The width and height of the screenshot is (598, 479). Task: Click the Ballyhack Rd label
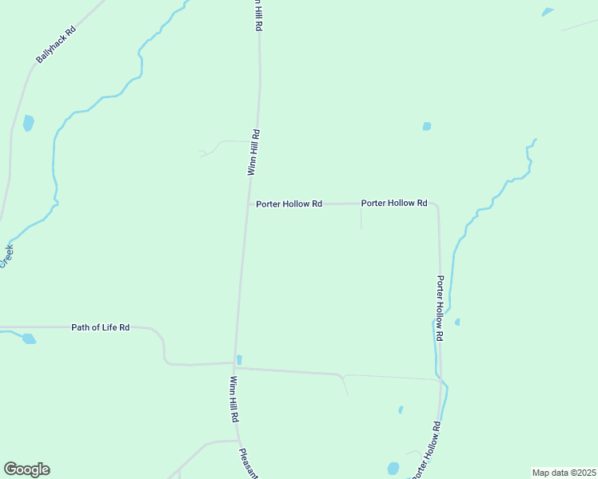click(55, 46)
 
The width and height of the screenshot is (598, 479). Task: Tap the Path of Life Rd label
click(100, 327)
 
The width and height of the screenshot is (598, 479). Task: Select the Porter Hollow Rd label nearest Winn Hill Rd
click(289, 204)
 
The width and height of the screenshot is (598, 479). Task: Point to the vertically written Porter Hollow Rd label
click(440, 309)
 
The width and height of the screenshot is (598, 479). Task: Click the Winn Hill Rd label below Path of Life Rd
click(234, 399)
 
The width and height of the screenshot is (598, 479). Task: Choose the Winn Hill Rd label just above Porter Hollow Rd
click(253, 152)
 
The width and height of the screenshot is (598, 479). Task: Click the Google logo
click(26, 469)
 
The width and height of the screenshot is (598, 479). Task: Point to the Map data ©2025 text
click(564, 473)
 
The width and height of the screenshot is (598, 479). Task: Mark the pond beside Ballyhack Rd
click(29, 123)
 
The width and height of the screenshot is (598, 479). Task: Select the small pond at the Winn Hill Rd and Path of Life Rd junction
click(239, 359)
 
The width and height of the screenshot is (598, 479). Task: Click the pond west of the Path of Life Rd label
click(29, 338)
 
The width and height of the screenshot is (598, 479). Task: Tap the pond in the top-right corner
click(547, 12)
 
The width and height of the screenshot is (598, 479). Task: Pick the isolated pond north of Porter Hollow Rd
click(427, 126)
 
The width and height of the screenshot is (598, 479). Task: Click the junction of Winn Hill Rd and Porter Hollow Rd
click(248, 204)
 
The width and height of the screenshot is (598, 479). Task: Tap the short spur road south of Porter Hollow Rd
click(361, 217)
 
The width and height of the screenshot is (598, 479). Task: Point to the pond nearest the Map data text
click(393, 469)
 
